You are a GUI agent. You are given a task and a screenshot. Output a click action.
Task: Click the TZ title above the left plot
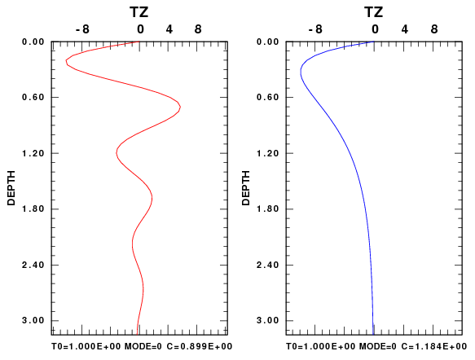click(139, 12)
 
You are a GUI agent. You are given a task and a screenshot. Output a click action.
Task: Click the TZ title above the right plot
click(373, 12)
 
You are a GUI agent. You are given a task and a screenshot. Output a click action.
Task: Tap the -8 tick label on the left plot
click(83, 29)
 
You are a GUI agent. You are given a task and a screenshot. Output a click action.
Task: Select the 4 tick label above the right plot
click(405, 29)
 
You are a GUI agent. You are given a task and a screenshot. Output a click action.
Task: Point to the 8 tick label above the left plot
click(198, 29)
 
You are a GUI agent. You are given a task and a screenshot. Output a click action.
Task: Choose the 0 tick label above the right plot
click(375, 29)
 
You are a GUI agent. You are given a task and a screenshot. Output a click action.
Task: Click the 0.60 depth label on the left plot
click(33, 97)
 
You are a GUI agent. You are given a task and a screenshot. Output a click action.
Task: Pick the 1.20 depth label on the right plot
click(267, 153)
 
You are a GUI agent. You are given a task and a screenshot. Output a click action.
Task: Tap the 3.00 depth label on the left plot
click(33, 320)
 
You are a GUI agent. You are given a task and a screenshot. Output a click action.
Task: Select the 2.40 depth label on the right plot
click(267, 265)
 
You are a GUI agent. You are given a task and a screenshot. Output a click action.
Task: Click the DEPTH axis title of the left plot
click(11, 188)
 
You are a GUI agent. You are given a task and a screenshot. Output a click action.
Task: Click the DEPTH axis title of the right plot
click(246, 188)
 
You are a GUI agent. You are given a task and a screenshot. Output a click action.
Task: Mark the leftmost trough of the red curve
click(66, 62)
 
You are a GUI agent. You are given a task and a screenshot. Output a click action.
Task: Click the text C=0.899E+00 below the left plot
click(200, 346)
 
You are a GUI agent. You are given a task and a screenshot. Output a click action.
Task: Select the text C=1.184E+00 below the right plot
click(433, 346)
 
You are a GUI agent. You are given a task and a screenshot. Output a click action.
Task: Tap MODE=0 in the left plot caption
click(143, 346)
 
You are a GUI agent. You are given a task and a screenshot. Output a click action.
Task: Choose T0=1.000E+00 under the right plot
click(320, 346)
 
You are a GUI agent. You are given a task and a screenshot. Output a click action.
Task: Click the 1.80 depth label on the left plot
click(33, 209)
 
